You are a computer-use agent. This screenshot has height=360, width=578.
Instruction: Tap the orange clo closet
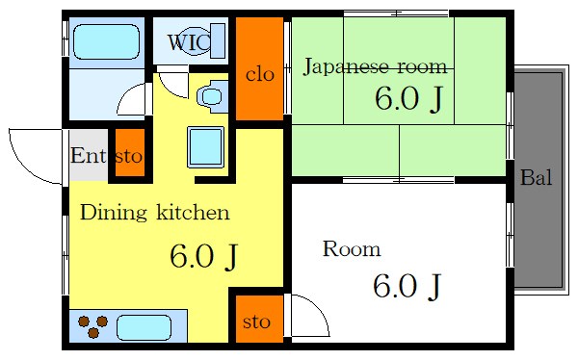tap(259, 71)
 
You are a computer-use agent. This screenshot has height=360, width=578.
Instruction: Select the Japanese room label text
tap(375, 66)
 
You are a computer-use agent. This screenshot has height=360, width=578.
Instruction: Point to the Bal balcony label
tap(537, 178)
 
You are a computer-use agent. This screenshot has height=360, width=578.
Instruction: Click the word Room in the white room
tap(351, 250)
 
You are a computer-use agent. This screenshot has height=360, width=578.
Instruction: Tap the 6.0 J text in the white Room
tap(407, 286)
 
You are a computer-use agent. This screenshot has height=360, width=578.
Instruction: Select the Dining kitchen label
tap(154, 212)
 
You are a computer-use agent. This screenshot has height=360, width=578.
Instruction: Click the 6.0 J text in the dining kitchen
tap(203, 256)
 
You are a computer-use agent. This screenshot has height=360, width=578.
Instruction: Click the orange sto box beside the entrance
tap(130, 156)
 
